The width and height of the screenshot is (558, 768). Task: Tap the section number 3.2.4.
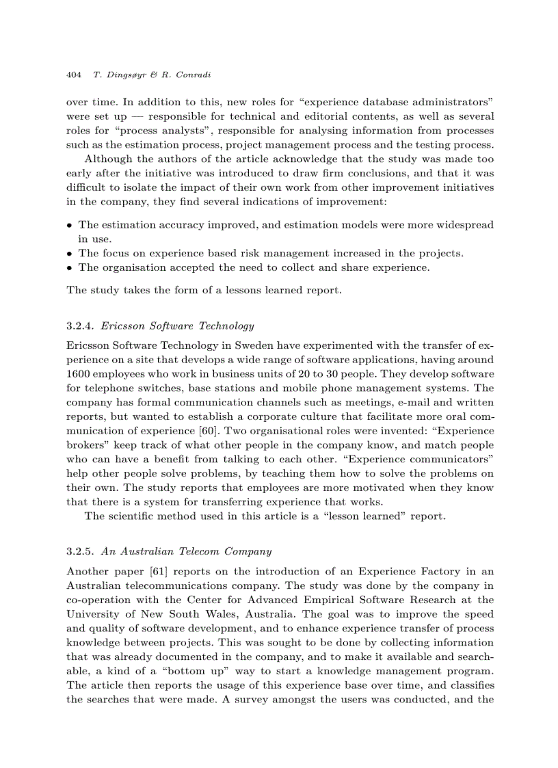(x=80, y=326)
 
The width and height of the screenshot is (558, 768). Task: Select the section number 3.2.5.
(x=80, y=551)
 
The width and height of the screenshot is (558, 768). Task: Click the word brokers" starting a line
(x=85, y=445)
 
